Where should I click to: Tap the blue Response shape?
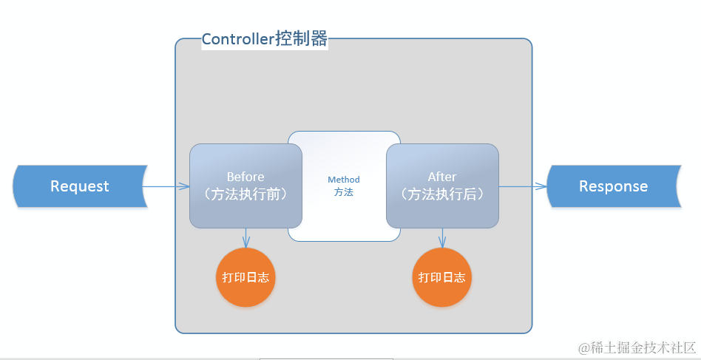pos(613,186)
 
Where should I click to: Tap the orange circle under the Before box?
pos(245,277)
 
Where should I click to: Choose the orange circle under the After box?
pos(442,277)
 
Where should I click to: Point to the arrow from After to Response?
pos(522,186)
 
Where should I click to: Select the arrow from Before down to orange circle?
pos(245,237)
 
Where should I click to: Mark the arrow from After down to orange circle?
pos(442,237)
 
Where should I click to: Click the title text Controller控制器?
pos(264,40)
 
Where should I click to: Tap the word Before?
pos(245,177)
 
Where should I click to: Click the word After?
pos(442,177)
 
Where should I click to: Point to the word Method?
pos(344,180)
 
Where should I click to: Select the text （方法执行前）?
pos(245,195)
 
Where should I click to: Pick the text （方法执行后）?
pos(442,195)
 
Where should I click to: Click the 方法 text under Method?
pos(344,192)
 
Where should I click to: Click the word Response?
pos(613,186)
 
